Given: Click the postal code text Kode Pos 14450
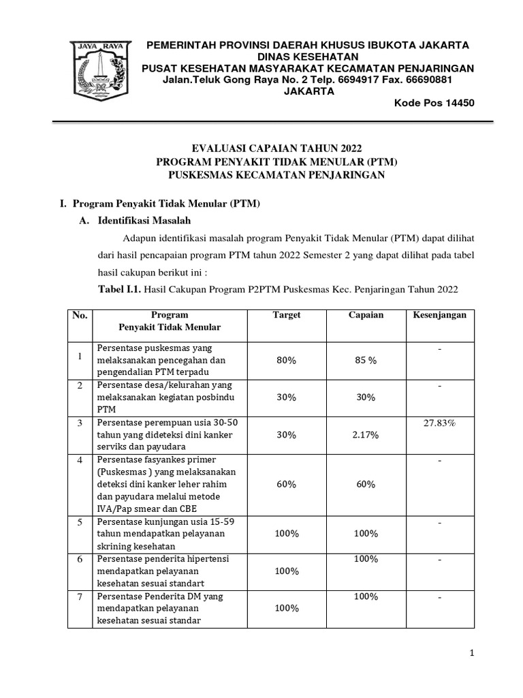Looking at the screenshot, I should tap(434, 104).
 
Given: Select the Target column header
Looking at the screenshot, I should tap(287, 315).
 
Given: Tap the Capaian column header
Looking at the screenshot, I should tap(366, 315).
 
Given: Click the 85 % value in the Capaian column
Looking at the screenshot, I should tap(366, 361).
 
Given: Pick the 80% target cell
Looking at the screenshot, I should tap(287, 361).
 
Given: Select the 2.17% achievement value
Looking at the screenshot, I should tap(366, 435).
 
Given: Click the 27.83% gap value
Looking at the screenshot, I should tap(439, 423).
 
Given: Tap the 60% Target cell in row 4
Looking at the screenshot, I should tap(287, 485).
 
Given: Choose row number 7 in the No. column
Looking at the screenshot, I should tap(80, 596).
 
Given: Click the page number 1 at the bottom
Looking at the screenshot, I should tap(471, 653).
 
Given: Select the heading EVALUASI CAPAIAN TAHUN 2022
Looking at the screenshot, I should tap(277, 149).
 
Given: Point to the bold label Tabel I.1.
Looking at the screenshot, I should tap(121, 289).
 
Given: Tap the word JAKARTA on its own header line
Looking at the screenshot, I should tap(308, 91).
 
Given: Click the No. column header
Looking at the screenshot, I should tap(80, 315).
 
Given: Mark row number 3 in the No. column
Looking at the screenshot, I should tap(80, 423).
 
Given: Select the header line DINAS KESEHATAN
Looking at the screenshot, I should tap(308, 57).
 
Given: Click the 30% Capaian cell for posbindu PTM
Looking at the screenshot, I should tap(366, 397).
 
